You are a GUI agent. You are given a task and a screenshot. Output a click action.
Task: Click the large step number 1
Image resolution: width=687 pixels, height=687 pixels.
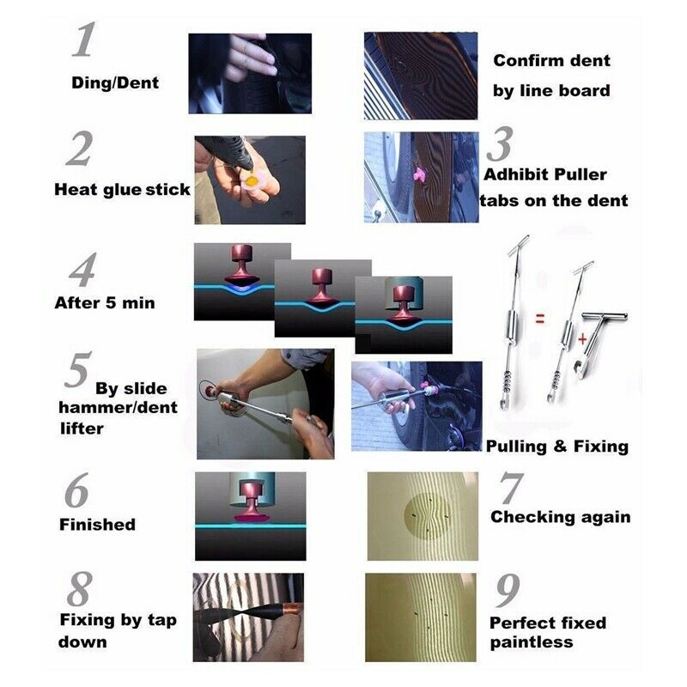[83, 40]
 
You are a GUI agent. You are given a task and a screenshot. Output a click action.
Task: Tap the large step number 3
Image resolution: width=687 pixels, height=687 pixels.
[500, 144]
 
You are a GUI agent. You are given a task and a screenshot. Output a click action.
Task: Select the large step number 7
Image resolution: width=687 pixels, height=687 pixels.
[511, 488]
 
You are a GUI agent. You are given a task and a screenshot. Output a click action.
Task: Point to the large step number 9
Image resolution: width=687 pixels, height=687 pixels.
[508, 590]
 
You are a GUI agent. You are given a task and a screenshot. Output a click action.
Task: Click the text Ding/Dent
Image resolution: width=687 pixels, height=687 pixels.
[115, 82]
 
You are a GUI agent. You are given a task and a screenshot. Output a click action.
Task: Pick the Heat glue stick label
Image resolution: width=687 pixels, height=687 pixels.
[122, 190]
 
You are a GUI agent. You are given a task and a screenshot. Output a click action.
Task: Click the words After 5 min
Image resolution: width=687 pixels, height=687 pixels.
[105, 303]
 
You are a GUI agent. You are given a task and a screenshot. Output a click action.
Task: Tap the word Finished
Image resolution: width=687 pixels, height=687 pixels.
[97, 525]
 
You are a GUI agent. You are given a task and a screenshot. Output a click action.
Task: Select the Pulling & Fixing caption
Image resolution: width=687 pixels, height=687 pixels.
[557, 447]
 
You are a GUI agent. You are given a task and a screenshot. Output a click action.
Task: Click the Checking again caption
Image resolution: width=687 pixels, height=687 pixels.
[561, 517]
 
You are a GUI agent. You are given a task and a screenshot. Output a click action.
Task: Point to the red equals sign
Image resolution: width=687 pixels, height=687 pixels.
[540, 319]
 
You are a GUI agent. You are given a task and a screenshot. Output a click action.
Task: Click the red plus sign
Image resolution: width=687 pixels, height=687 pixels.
[582, 338]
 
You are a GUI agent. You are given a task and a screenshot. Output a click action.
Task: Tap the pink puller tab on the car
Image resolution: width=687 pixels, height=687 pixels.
[420, 174]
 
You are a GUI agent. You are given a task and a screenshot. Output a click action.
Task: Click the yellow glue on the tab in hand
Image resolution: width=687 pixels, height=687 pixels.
[252, 180]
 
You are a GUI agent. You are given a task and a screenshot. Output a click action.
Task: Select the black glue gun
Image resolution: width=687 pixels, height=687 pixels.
[228, 152]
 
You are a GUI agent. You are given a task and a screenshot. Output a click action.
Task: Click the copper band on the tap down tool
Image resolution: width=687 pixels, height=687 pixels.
[293, 609]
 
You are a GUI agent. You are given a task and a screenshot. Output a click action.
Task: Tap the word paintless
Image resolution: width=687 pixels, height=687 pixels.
[532, 642]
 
